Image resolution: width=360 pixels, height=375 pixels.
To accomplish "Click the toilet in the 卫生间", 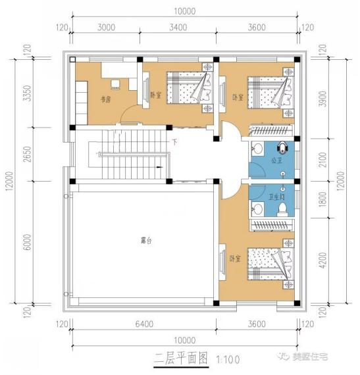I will [x=282, y=208].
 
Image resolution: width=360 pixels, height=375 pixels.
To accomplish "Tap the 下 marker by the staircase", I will [x=174, y=141].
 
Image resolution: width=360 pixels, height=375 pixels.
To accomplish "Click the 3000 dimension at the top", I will [x=106, y=28].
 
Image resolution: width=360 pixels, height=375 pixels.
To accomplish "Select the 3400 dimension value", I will [x=178, y=28].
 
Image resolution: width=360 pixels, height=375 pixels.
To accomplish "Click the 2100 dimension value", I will [x=322, y=159].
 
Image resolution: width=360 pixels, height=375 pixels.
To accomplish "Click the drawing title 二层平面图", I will [x=180, y=359].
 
